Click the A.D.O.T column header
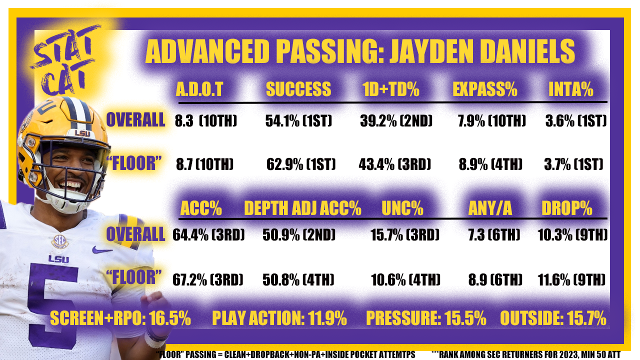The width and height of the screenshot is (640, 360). [199, 89]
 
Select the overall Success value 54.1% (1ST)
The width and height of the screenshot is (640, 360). [298, 120]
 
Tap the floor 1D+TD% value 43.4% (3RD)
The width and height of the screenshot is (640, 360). [394, 164]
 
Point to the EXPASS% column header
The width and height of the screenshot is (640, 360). [485, 89]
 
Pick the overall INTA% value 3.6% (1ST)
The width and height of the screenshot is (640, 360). [576, 120]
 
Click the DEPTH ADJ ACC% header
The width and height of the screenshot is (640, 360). [302, 208]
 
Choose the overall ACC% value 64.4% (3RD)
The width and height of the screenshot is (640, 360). [208, 235]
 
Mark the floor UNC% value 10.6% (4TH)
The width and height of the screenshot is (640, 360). [405, 279]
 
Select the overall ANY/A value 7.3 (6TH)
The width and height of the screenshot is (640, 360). [494, 235]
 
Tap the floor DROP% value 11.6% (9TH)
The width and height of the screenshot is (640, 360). [571, 279]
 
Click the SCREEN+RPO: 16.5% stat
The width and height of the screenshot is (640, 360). [120, 318]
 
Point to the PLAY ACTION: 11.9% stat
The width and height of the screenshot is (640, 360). [279, 318]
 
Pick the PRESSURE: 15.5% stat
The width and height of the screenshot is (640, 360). [426, 318]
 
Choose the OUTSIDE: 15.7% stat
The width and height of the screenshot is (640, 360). [553, 318]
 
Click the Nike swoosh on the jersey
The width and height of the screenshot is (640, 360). [101, 250]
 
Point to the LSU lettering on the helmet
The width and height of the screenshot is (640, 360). [82, 133]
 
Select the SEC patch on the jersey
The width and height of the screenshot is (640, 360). [59, 241]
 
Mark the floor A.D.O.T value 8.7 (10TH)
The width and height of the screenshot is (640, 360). [204, 164]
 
